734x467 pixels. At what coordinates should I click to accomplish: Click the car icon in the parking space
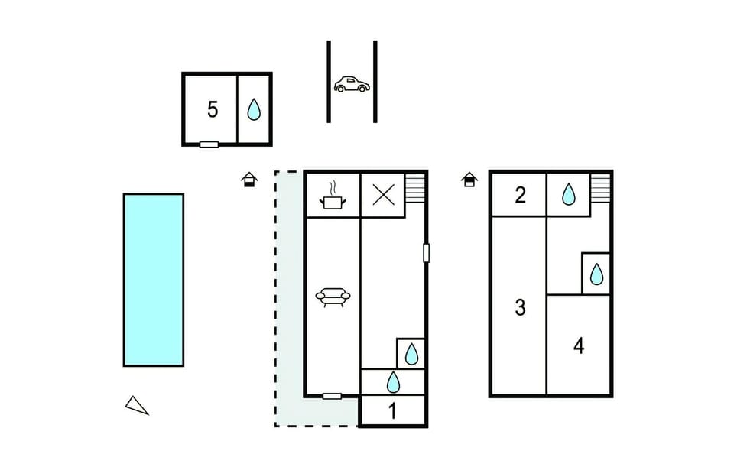[x=352, y=84]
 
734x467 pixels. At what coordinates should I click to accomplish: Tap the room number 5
[x=213, y=109]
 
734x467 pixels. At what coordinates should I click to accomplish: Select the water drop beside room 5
[x=254, y=109]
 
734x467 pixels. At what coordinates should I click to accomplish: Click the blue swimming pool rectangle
[x=154, y=280]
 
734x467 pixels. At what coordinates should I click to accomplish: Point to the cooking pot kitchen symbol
[x=333, y=196]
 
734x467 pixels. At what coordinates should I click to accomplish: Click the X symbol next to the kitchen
[x=383, y=194]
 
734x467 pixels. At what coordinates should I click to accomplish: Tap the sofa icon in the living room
[x=333, y=297]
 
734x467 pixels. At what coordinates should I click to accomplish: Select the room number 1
[x=392, y=411]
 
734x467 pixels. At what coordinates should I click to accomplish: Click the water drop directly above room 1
[x=393, y=382]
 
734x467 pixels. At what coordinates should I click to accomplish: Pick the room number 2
[x=520, y=195]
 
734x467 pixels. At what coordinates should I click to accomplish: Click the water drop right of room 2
[x=568, y=194]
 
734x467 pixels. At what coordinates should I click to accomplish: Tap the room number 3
[x=520, y=307]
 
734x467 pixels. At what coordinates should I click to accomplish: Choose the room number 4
[x=579, y=345]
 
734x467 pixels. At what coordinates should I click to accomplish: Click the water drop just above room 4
[x=596, y=274]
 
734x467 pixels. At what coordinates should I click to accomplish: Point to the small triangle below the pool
[x=137, y=405]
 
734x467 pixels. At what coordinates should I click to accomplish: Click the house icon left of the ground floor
[x=249, y=180]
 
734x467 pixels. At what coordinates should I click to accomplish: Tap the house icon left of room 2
[x=469, y=180]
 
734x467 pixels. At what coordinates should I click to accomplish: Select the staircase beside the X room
[x=414, y=188]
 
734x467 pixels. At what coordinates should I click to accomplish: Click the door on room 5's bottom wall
[x=209, y=144]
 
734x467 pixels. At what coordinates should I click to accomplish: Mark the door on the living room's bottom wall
[x=332, y=397]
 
